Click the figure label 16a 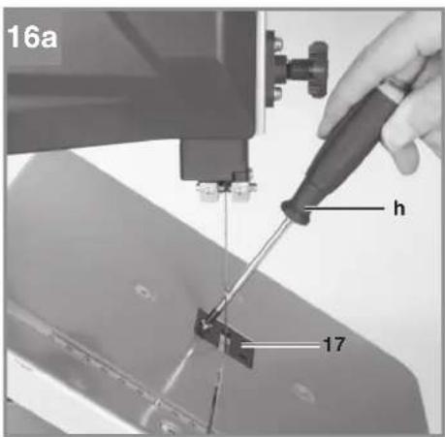(x=32, y=37)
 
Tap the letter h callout (x=399, y=208)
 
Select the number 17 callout (x=334, y=345)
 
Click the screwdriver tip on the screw (x=207, y=324)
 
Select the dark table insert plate (x=224, y=337)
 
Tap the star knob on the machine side (x=318, y=70)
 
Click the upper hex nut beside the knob (x=277, y=42)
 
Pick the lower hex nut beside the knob (x=277, y=94)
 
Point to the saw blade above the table (x=226, y=252)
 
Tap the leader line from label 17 (x=281, y=346)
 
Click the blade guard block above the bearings (x=215, y=160)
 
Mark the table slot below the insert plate (x=215, y=400)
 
